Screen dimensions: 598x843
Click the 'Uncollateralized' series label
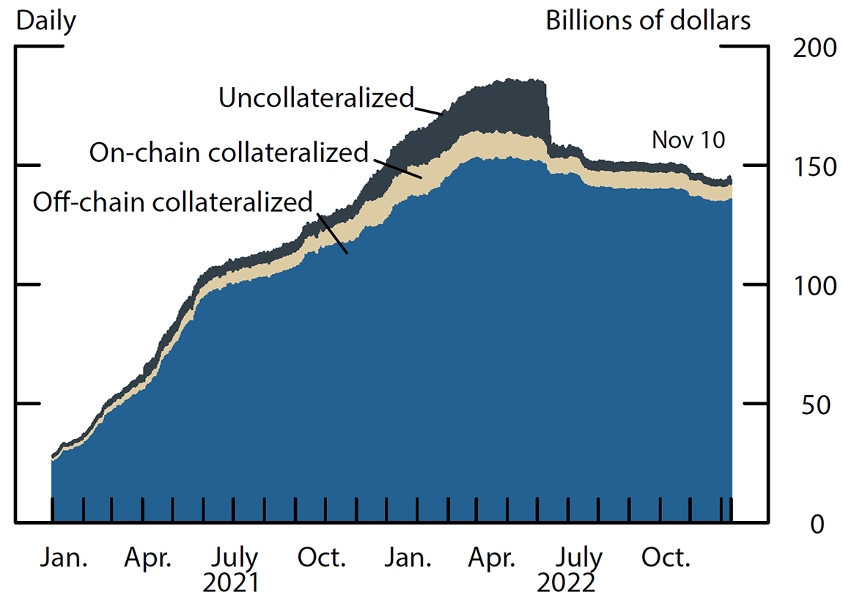[x=317, y=97]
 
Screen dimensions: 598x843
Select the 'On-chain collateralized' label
[x=228, y=152]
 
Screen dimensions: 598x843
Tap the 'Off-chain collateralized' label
[x=173, y=202]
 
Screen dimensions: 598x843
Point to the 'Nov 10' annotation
[x=688, y=139]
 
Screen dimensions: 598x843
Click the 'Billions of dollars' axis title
[x=648, y=21]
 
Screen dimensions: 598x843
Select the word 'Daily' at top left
[x=45, y=21]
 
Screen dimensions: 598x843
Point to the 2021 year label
[x=231, y=583]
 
